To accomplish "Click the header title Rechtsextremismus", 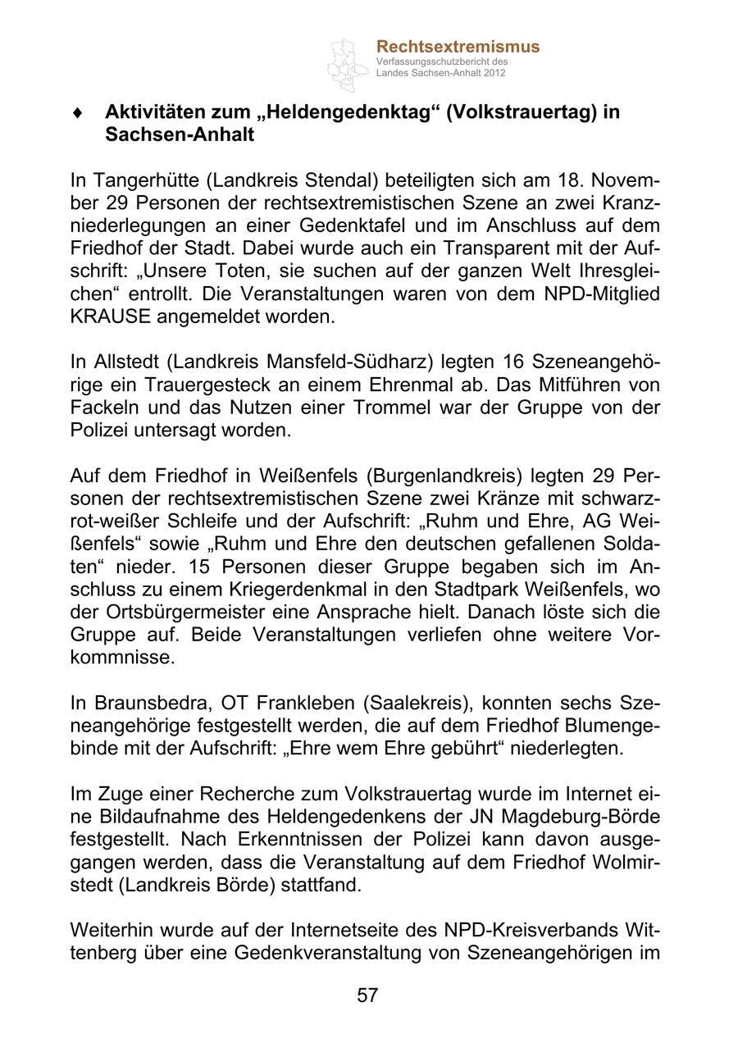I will tap(458, 47).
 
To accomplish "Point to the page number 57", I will tap(367, 995).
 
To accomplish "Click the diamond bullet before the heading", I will tap(77, 113).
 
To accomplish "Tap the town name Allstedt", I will tap(121, 362).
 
